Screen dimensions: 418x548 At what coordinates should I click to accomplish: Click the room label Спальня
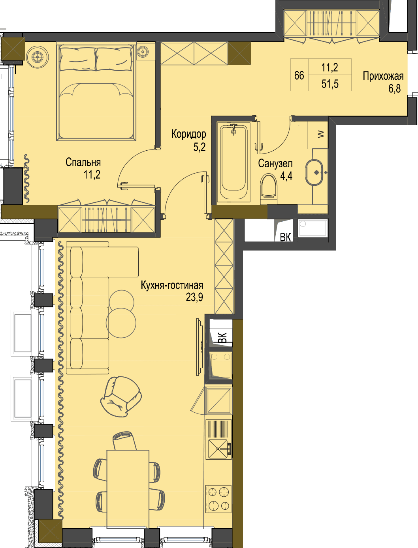coord(83,162)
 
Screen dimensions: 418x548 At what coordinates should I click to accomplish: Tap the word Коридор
coord(189,134)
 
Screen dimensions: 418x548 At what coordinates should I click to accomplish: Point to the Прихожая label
coord(383,76)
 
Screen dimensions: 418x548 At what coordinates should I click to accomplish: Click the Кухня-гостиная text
coord(172,285)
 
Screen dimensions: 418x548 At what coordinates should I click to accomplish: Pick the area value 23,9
coord(194,297)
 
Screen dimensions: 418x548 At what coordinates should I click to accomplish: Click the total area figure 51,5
coord(330,84)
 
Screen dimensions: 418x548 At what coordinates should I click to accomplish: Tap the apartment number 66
coord(299,75)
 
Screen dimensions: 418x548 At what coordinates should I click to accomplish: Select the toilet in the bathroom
coord(269,189)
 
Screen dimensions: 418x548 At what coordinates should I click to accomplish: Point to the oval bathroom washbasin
coord(314,172)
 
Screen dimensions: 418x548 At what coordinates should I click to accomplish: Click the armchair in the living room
coord(121,397)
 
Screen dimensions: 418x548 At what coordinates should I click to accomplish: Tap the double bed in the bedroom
coord(96,92)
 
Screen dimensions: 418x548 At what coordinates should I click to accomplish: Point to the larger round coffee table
coord(121,323)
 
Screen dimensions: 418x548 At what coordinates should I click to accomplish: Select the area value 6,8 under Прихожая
coord(395,88)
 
